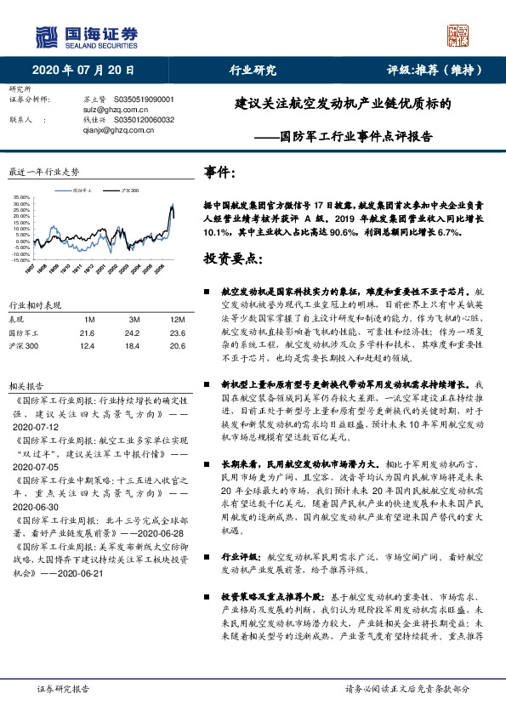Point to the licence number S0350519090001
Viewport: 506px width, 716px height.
tap(143, 99)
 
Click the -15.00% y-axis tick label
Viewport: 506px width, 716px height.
tap(21, 259)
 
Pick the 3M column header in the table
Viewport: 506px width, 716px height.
tap(131, 319)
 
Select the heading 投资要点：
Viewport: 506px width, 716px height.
tap(232, 259)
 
